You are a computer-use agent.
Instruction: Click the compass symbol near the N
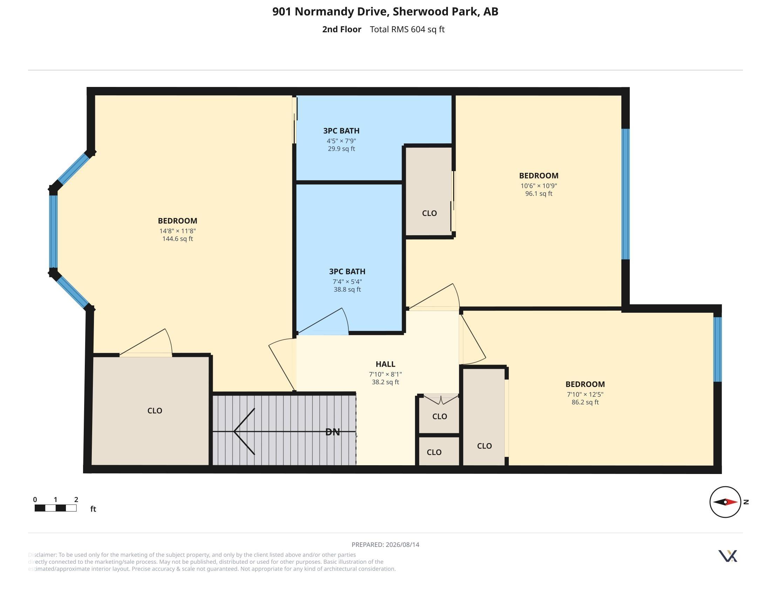pos(725,502)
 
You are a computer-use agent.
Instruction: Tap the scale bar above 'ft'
pos(55,508)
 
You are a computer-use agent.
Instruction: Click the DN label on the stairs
pos(332,432)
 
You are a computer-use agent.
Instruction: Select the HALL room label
pos(385,364)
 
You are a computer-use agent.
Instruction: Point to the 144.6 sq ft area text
pos(178,239)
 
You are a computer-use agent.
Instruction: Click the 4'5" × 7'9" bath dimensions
pos(341,141)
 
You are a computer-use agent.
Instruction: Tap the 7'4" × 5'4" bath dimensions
pos(347,282)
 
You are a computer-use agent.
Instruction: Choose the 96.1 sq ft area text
pos(539,194)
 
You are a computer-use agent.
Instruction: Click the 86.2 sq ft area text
pos(585,402)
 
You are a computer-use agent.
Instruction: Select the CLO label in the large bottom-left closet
pos(155,411)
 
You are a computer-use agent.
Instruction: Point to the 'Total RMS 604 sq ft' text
pos(407,29)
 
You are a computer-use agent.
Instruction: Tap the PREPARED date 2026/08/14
pos(402,544)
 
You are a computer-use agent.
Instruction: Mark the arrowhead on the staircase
pos(244,432)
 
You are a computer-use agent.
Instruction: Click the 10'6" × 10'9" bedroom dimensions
pos(539,186)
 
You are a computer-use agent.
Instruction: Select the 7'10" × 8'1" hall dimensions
pos(385,374)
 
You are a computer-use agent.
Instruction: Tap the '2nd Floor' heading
pos(342,29)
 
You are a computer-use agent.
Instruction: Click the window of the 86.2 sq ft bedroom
pos(717,349)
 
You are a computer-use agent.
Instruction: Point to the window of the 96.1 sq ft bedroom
pos(625,194)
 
